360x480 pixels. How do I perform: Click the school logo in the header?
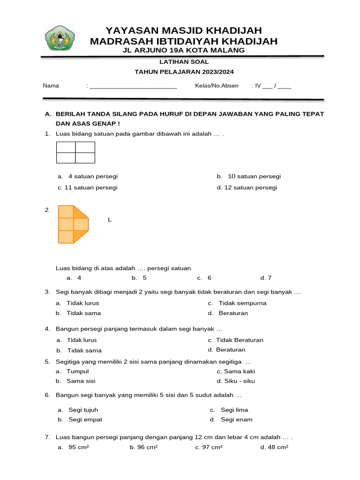coord(59,38)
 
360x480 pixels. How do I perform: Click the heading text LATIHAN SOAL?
coord(184,62)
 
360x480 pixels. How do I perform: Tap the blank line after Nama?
coord(133,86)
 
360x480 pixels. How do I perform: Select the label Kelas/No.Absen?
coord(217,86)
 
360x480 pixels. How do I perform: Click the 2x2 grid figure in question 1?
coord(75,152)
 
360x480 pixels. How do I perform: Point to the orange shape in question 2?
coord(73,224)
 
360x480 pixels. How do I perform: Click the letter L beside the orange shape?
coord(109,220)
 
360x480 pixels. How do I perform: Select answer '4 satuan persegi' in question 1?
coord(93,177)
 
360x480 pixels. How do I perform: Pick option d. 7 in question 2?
coord(266,278)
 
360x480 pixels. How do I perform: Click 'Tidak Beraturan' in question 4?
coord(240,340)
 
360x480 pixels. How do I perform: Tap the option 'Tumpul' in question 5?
coord(77,371)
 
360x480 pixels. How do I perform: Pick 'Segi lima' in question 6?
coord(234,410)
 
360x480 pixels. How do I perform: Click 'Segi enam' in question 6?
coord(236,420)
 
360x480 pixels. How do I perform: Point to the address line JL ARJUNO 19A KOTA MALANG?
coord(183,50)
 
